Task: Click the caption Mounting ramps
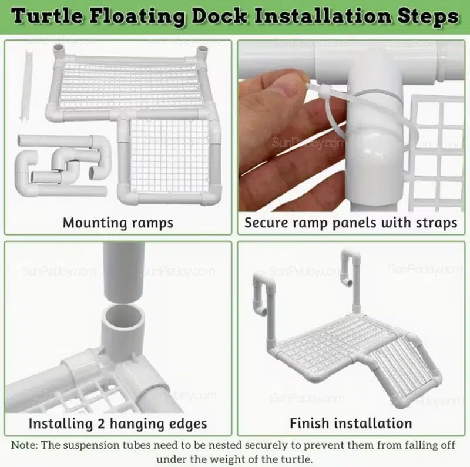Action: [118, 223]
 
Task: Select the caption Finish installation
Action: [351, 424]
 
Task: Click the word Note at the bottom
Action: [25, 445]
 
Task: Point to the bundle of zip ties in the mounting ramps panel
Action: [26, 85]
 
